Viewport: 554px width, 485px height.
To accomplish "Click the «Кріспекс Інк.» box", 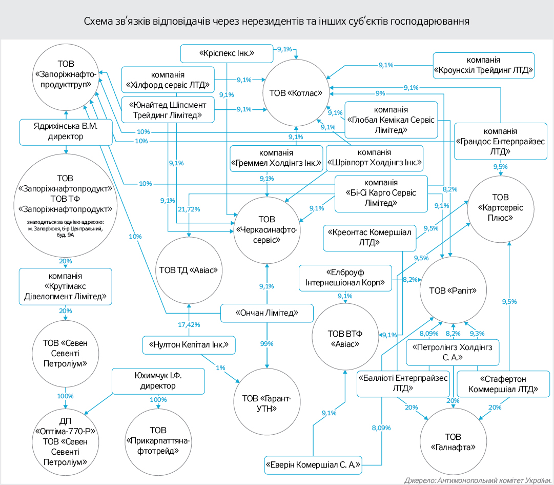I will pos(227,53).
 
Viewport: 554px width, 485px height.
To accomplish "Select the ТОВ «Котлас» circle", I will pos(295,93).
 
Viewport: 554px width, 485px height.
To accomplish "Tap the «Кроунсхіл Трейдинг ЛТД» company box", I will pos(483,65).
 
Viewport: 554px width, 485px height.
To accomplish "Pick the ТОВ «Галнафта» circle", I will pos(453,442).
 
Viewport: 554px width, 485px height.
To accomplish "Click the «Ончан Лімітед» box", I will pos(266,313).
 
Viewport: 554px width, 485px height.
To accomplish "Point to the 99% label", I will pos(266,343).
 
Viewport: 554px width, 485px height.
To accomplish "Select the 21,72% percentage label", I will pos(189,209).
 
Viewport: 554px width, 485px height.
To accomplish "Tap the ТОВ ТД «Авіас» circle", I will pos(189,270).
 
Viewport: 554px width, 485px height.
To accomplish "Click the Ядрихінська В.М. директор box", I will pos(66,131).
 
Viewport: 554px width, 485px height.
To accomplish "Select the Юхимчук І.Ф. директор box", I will pos(158,380).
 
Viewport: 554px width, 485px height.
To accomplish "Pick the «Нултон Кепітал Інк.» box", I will pos(189,345).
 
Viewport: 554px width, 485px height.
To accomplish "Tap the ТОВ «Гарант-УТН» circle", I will pos(266,403).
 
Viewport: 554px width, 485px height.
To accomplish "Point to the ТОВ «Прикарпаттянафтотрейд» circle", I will pos(158,440).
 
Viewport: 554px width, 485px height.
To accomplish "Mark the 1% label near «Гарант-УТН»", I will pos(220,368).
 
